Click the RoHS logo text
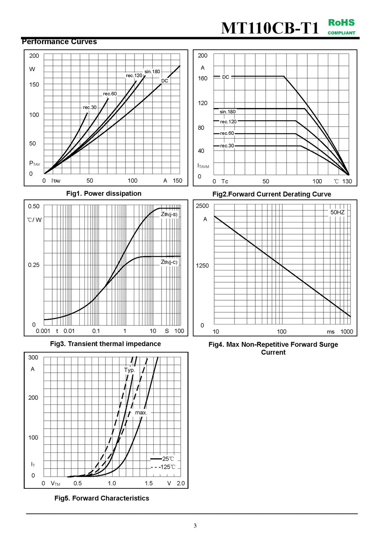pos(341,23)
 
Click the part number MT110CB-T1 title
pos(270,28)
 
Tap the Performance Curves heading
pos(60,42)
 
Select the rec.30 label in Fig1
pos(89,107)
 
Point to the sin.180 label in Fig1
pos(152,72)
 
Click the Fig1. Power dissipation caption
pos(104,194)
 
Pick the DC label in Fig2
pos(225,77)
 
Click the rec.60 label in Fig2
pos(227,133)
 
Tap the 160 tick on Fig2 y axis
pos(203,78)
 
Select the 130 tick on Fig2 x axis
pos(347,181)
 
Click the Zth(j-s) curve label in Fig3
pos(169,214)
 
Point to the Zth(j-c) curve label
pos(169,262)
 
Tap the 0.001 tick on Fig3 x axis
pos(43,331)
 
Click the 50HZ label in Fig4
pos(337,212)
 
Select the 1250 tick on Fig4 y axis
pos(202,266)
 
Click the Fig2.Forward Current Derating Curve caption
pos(272,194)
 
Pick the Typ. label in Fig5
pos(129,370)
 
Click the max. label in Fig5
pos(141,412)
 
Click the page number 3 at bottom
pos(195,526)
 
